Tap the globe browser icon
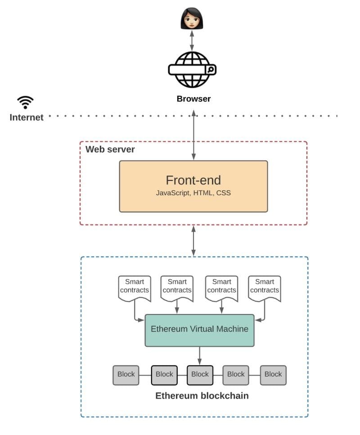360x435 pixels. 192,70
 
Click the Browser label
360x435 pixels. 193,99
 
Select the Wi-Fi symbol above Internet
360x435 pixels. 26,102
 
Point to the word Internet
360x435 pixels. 27,117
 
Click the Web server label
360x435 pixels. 110,149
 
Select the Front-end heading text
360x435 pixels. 193,180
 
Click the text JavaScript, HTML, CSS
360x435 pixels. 193,193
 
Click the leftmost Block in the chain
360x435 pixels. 126,375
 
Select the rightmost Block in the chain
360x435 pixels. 273,375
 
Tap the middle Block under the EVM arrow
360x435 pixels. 200,375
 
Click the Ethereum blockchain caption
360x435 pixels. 202,396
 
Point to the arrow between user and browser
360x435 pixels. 192,40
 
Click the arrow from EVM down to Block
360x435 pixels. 199,355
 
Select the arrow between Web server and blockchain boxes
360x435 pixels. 193,241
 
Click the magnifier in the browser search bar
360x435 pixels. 210,70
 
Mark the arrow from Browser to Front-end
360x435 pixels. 193,135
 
